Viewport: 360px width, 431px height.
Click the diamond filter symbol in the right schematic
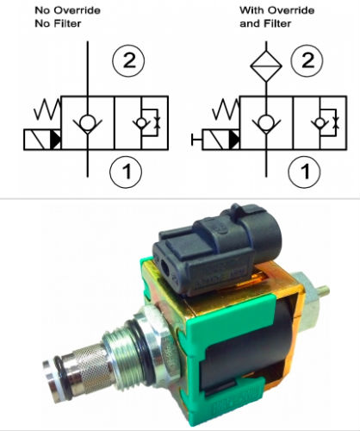266,66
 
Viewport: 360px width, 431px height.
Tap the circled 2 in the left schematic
128,60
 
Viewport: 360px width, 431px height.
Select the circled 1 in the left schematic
126,172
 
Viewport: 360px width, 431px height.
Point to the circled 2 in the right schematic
307,60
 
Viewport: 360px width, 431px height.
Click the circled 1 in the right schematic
304,172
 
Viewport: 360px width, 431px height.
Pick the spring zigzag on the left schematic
47,109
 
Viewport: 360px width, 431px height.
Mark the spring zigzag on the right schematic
226,109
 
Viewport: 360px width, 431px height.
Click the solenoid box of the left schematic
42,140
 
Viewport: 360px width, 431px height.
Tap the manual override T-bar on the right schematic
196,140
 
